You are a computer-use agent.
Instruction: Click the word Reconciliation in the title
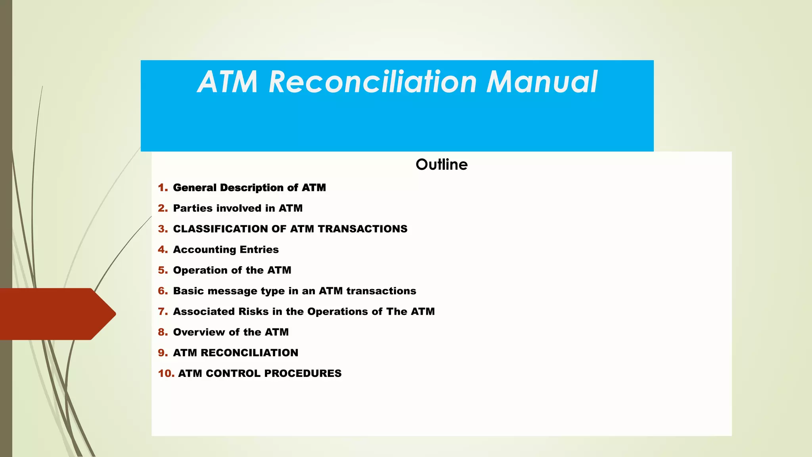click(x=372, y=82)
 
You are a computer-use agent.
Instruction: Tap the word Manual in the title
click(x=542, y=82)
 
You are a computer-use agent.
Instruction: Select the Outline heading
click(x=441, y=165)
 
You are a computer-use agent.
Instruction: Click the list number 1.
click(x=163, y=188)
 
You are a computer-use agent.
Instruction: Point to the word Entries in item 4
click(x=259, y=250)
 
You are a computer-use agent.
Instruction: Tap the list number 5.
click(x=163, y=270)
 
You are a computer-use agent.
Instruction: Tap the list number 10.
click(x=166, y=373)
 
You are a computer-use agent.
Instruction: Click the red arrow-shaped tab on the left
click(x=56, y=314)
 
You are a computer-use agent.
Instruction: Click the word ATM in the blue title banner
click(x=228, y=82)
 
